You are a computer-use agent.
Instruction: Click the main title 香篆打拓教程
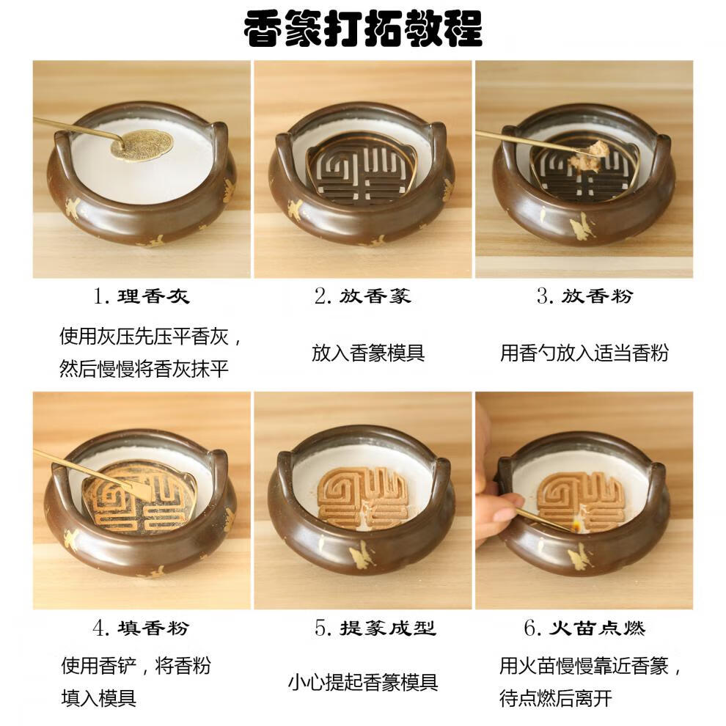coord(363,29)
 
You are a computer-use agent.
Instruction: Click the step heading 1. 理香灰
coord(142,296)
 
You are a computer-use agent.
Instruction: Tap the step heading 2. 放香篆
coord(362,296)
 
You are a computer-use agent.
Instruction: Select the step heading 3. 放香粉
coord(584,296)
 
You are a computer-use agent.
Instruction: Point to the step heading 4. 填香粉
coord(142,628)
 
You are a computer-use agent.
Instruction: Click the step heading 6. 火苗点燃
coord(584,628)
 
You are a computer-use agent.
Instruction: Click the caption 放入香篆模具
coord(368,353)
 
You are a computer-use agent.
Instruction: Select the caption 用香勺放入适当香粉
coord(584,353)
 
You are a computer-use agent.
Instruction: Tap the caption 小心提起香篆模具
coord(362,683)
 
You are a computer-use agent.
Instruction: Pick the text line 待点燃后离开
coord(555,699)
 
